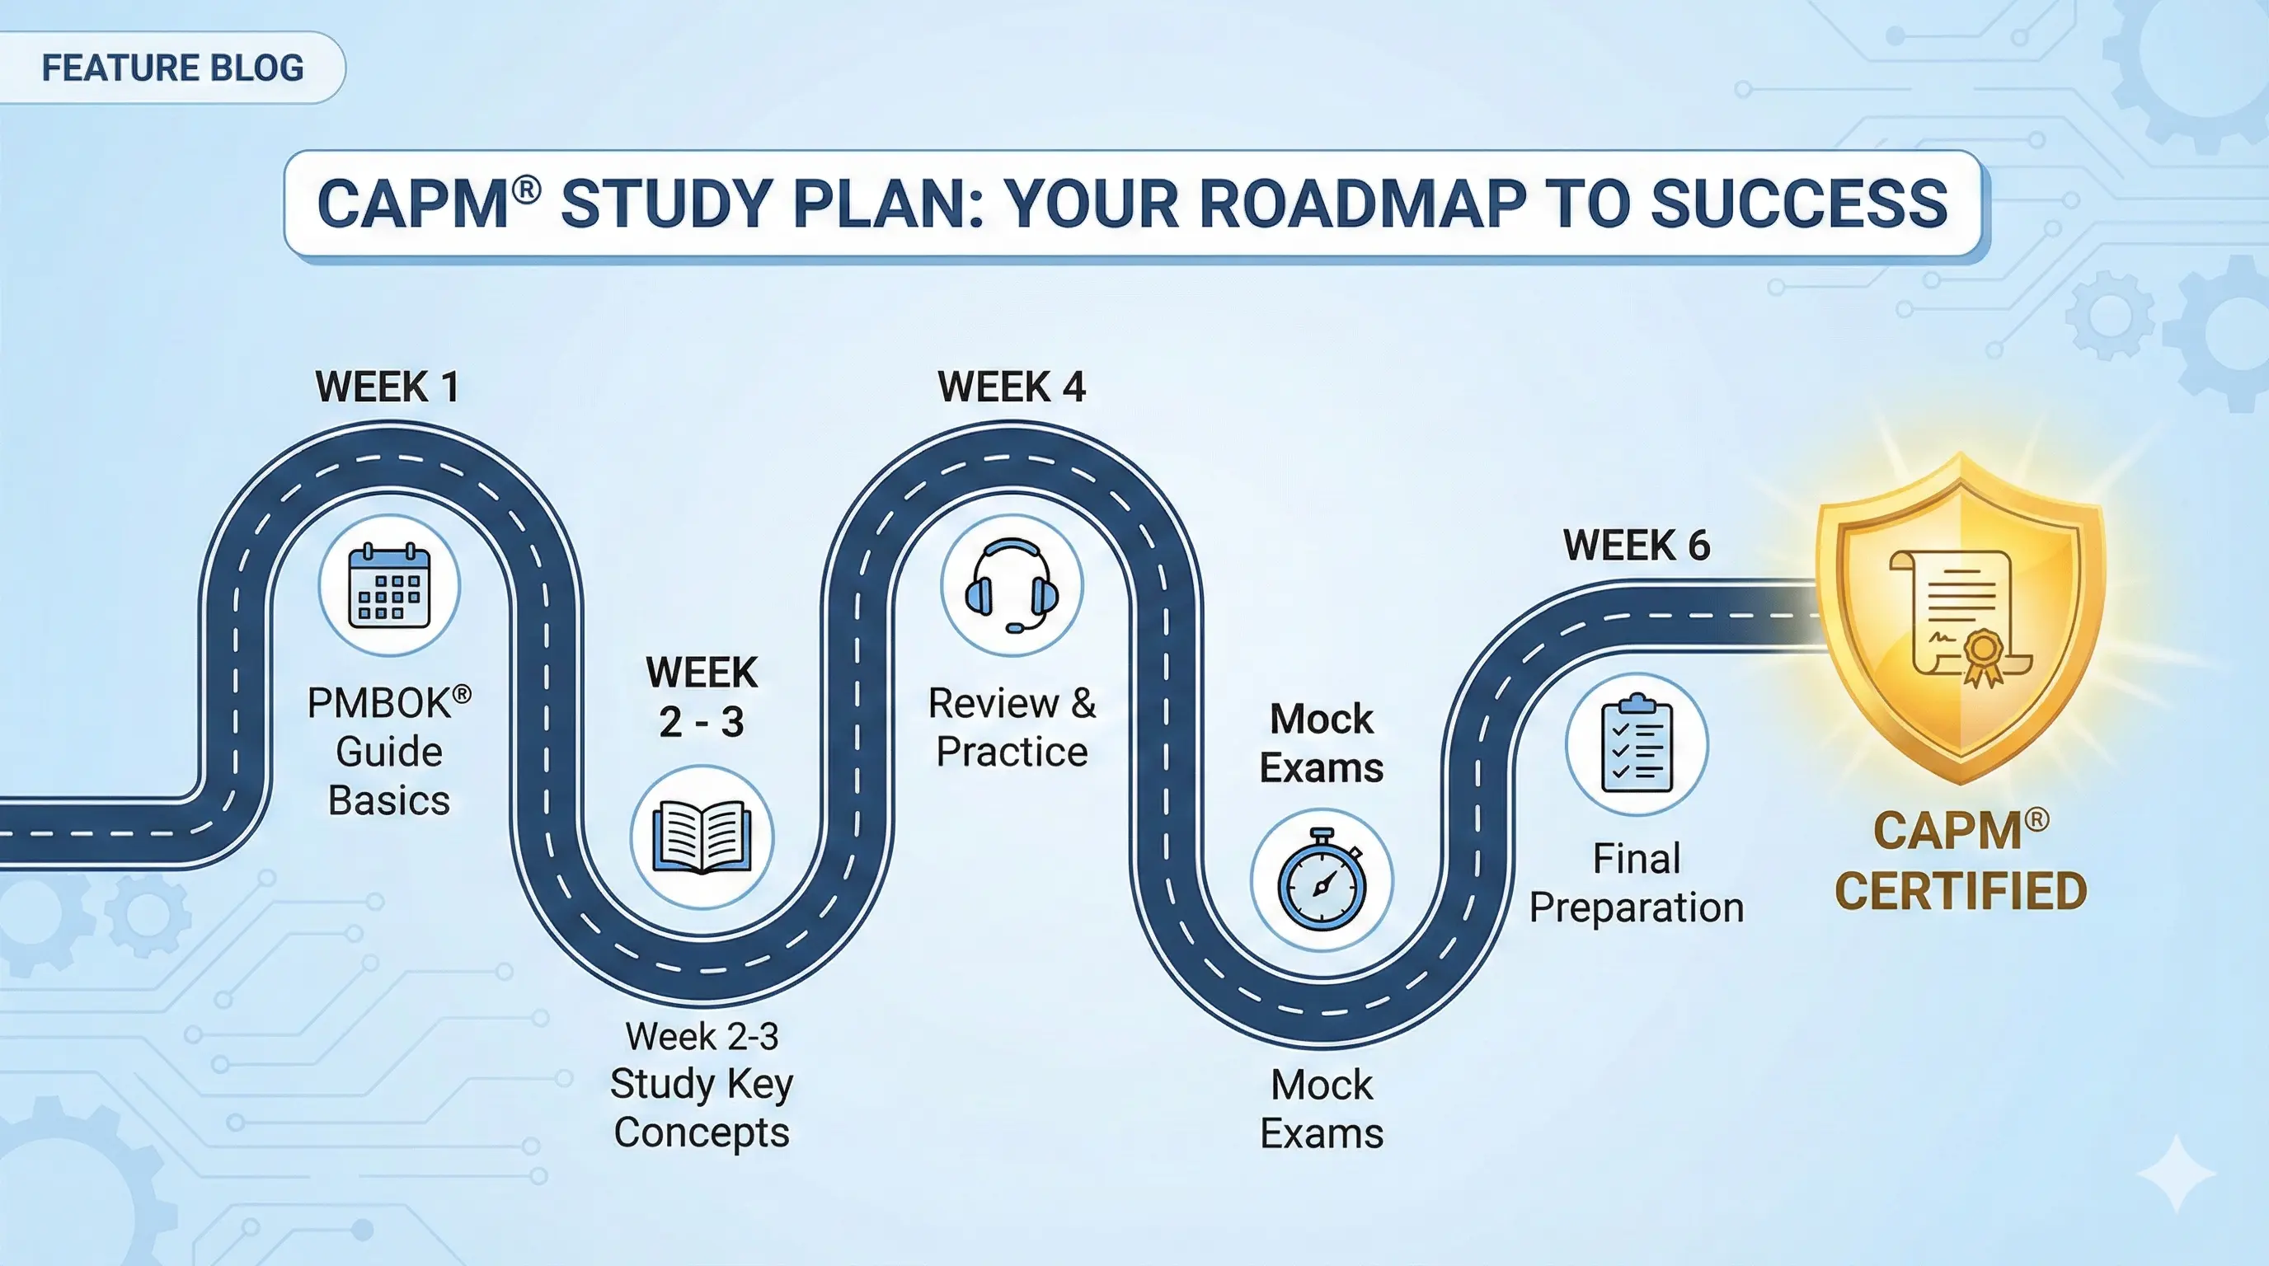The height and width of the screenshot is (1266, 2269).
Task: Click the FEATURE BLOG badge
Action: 172,68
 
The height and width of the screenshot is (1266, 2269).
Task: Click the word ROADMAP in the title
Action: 1362,204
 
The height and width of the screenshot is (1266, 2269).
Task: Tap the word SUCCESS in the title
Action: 1799,204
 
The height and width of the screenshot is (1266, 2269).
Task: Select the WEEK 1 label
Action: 388,387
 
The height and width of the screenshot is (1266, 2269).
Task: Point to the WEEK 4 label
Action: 1011,387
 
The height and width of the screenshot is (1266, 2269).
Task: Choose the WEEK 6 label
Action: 1637,546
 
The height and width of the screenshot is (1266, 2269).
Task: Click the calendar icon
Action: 389,585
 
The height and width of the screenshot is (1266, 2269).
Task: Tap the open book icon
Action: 702,837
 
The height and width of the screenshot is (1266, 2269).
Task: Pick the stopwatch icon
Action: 1322,879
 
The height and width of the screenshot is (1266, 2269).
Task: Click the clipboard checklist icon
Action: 1637,744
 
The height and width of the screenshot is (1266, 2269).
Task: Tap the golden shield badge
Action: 1961,617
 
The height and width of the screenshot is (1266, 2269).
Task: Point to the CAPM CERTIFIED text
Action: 1961,860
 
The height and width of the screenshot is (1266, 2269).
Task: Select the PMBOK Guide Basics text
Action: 389,752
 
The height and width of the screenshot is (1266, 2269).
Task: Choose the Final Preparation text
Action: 1637,883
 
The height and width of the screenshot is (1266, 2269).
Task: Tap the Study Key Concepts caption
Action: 702,1108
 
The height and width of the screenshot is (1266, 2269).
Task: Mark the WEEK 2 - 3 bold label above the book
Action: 702,697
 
